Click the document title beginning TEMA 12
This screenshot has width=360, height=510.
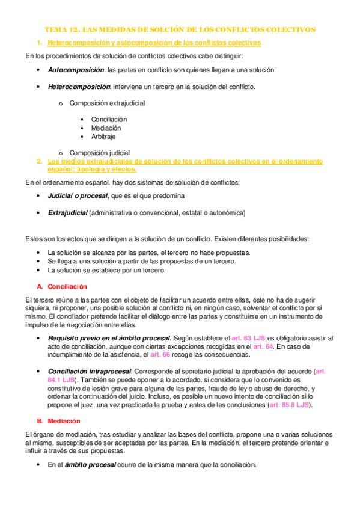click(x=180, y=29)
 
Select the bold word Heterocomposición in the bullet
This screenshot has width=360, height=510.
click(x=76, y=87)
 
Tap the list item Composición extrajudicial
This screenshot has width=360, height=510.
click(x=106, y=103)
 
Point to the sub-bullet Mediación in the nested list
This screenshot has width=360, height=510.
click(x=106, y=127)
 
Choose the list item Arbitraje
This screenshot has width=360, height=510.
click(x=105, y=137)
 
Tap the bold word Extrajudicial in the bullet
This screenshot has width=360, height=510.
click(x=67, y=213)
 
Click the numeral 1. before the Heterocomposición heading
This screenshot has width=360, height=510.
click(x=39, y=43)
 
